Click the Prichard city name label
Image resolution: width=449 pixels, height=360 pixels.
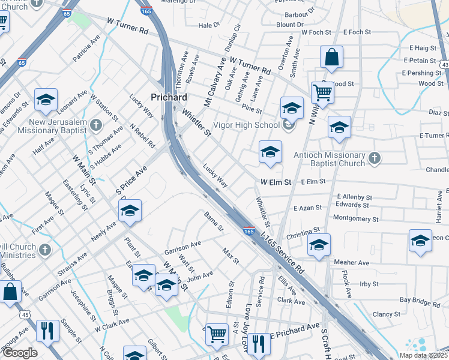[169, 97]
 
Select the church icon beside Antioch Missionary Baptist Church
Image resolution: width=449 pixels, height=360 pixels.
[375, 158]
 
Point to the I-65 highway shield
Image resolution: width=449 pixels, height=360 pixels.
[22, 62]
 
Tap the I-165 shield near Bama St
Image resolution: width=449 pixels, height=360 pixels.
[249, 230]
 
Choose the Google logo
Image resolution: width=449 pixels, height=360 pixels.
[20, 353]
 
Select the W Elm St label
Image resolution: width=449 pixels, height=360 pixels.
[276, 182]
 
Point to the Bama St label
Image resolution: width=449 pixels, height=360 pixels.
[213, 221]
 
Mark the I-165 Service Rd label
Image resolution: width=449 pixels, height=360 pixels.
[282, 256]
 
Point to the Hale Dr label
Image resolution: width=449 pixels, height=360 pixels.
[209, 25]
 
